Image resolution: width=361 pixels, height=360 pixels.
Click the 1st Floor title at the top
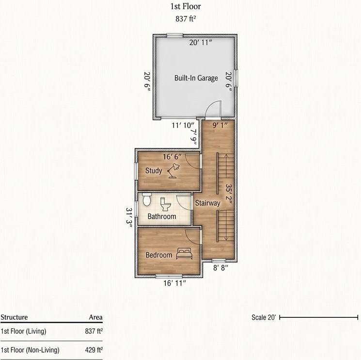pos(186,6)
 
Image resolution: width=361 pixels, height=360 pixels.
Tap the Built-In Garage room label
pos(196,78)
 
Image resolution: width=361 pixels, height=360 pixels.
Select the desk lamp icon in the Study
pos(173,171)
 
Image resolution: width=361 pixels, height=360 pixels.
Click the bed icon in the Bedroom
pos(184,254)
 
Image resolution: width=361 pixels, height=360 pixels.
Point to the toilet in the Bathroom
pos(165,204)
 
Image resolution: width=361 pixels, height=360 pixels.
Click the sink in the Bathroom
pos(147,199)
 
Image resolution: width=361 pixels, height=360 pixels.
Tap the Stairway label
pos(208,203)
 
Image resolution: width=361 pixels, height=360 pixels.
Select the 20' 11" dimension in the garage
pos(201,43)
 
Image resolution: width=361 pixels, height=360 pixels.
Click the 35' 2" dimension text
pos(229,194)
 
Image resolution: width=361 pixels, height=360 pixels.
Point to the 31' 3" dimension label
pos(129,218)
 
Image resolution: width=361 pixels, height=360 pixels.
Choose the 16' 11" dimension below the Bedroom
pos(174,283)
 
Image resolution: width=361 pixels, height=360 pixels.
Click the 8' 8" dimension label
pos(220,268)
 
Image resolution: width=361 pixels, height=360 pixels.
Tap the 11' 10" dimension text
pos(183,125)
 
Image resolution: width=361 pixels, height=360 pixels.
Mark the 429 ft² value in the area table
pos(94,350)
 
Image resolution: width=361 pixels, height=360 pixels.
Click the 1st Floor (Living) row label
pos(23,331)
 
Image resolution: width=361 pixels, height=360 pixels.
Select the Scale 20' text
pos(264,317)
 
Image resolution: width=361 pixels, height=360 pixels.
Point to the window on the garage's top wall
pos(175,35)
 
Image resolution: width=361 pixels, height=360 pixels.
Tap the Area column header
pos(95,317)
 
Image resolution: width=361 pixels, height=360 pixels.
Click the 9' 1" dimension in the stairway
pos(220,125)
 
